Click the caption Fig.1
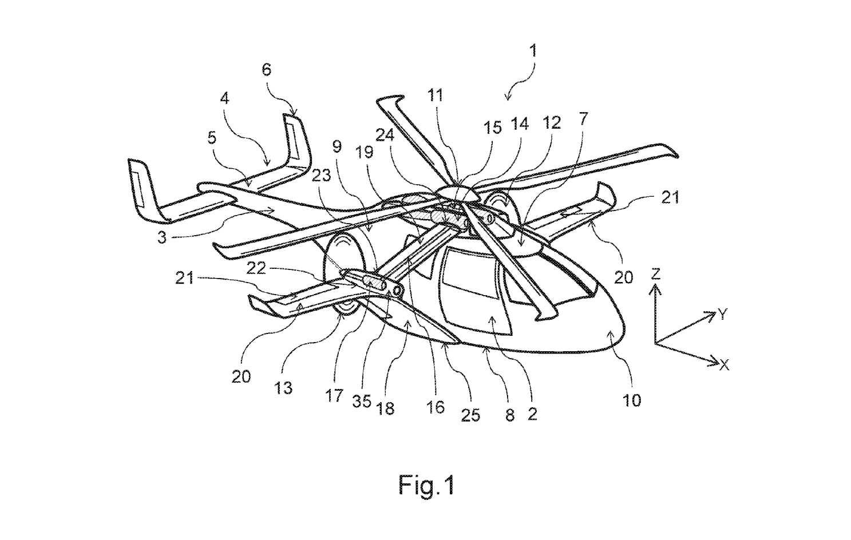click(x=427, y=486)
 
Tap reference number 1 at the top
click(x=533, y=51)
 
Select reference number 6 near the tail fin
click(x=267, y=70)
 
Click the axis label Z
click(x=656, y=274)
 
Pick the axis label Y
click(x=723, y=313)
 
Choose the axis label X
click(x=724, y=365)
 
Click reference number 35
click(x=362, y=401)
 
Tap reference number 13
click(x=283, y=388)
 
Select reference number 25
click(x=470, y=415)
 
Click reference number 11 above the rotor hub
click(x=436, y=95)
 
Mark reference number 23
click(x=322, y=175)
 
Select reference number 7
click(x=583, y=119)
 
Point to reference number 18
click(x=386, y=408)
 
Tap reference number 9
click(x=337, y=146)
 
